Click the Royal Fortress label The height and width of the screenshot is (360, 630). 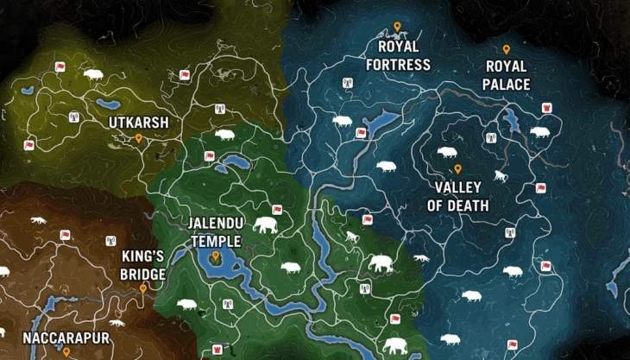point(398,55)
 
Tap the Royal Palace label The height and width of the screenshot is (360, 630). point(507,76)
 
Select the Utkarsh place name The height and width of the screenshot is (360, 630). point(138,123)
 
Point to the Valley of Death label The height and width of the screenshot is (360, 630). point(457,197)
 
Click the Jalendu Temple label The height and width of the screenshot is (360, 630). point(216,232)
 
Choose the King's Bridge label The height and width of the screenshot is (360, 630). point(142,265)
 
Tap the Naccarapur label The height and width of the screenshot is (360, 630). point(66,338)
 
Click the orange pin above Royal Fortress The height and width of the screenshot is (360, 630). point(397,27)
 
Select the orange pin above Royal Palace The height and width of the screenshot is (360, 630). point(507,49)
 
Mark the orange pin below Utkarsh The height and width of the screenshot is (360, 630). point(138,137)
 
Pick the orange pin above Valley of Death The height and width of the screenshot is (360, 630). point(457,169)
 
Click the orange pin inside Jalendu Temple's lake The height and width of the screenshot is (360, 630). point(215,256)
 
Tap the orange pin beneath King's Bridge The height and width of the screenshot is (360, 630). point(143,289)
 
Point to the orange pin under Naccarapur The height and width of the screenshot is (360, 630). point(66,351)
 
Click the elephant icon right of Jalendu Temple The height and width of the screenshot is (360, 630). point(266,225)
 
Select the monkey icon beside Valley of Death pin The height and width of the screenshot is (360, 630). point(499,177)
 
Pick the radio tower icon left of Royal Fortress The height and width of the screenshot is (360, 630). point(348,84)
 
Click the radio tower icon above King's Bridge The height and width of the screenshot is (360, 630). point(110,241)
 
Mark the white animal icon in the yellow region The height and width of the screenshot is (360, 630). point(93,75)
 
